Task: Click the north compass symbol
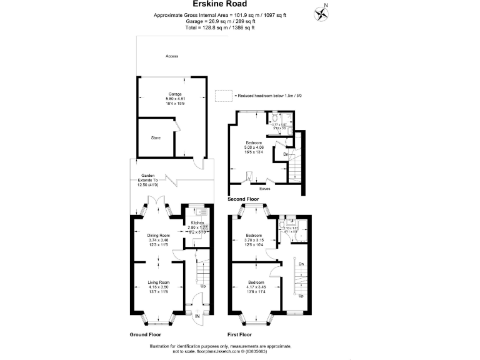[322, 13]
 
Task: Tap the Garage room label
[174, 94]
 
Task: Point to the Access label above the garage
[172, 56]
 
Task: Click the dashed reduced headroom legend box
[222, 96]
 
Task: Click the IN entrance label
[197, 316]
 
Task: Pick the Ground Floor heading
[145, 335]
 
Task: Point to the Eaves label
[265, 186]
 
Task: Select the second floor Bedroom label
[254, 142]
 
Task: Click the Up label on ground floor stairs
[203, 286]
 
